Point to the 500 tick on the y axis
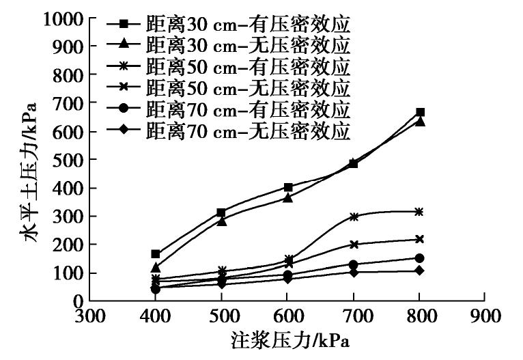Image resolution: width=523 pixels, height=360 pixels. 68,159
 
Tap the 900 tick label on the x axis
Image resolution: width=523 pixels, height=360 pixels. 483,317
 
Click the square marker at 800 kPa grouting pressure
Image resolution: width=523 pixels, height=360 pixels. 420,112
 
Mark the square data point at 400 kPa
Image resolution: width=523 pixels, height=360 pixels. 156,253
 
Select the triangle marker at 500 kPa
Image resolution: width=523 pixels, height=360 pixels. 222,221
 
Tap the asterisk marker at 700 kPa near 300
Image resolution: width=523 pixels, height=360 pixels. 354,217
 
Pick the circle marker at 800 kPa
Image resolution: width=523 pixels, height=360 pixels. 420,258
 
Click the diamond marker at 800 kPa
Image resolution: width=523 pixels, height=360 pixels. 420,271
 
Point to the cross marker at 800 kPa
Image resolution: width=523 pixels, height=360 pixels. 420,239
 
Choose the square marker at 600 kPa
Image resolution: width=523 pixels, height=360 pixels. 288,187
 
